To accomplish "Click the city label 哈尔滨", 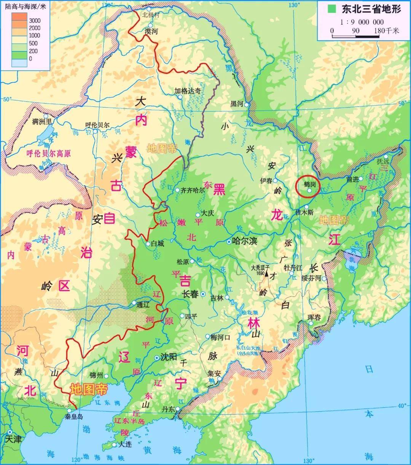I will (x=245, y=241).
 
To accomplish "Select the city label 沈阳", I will (x=169, y=357).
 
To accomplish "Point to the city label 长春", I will (x=191, y=294).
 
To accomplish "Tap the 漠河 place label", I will (x=151, y=32).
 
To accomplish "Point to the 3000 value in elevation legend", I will (x=35, y=20).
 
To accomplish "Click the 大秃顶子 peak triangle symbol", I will (x=267, y=273).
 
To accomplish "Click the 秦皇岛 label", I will (x=73, y=417).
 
